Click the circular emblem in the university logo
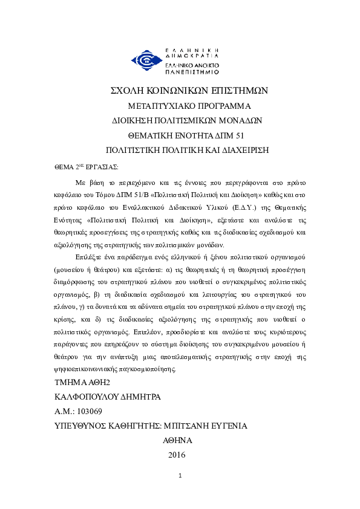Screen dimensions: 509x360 pos(146,60)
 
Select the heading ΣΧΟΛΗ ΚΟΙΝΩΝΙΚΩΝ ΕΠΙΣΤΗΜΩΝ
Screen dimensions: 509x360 pos(188,90)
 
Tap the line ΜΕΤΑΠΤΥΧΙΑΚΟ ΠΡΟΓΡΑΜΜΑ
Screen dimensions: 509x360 pos(188,105)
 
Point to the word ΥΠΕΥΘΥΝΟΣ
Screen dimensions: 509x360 pos(80,426)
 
